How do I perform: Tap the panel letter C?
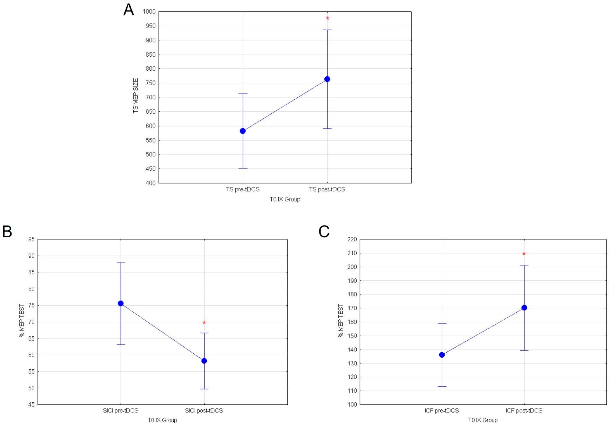click(324, 231)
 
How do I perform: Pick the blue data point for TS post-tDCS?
click(327, 79)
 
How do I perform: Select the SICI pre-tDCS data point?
click(121, 303)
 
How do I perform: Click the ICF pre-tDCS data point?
click(442, 355)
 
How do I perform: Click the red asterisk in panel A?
click(328, 18)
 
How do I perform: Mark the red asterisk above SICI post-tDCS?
click(204, 323)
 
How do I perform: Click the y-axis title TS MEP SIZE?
click(136, 96)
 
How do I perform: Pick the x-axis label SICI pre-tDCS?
click(120, 411)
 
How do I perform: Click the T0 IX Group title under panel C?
click(483, 420)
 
